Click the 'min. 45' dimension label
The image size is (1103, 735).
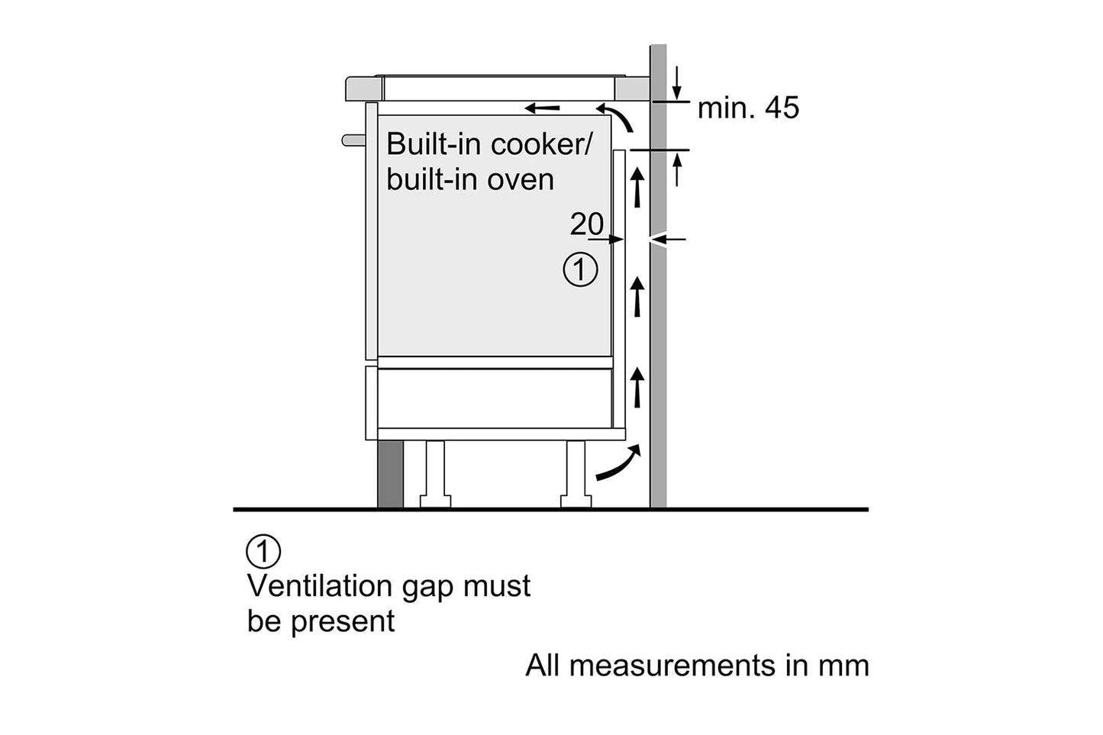(748, 108)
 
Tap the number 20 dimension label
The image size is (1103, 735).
(586, 224)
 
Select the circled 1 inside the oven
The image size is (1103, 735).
(580, 270)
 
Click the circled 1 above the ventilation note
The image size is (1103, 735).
(263, 551)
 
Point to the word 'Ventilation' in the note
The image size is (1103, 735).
(319, 586)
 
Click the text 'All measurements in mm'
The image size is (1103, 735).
(697, 666)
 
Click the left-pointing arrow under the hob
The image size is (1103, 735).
(543, 108)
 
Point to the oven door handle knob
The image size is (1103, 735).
(351, 140)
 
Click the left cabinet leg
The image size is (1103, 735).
(435, 473)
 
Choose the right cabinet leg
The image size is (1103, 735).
(576, 473)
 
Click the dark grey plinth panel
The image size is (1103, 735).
(390, 473)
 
